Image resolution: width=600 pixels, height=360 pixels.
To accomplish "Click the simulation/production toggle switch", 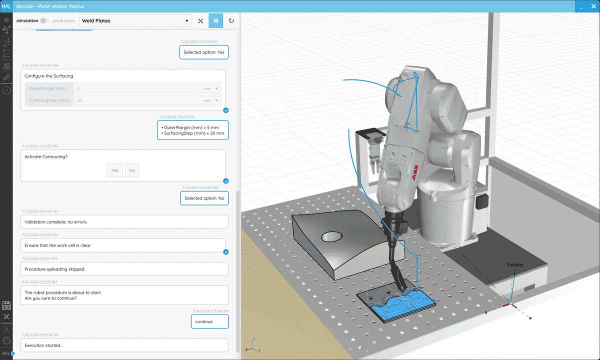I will coord(45,20).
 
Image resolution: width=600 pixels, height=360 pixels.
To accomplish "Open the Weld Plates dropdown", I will coord(135,20).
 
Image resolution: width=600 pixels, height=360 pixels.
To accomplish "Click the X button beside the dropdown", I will coord(200,21).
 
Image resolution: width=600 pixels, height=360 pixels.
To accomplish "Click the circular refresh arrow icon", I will coord(231,21).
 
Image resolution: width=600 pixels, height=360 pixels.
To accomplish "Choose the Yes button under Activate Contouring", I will coord(114,170).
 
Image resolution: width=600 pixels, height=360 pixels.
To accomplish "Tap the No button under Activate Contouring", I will coord(132,170).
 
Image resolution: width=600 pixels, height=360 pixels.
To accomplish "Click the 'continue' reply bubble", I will coord(209,321).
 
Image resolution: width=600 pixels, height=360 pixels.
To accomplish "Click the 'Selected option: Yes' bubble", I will coord(204,52).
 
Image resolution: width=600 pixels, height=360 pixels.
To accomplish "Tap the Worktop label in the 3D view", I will coord(514,264).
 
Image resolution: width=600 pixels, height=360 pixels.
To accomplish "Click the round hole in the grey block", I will coord(330,236).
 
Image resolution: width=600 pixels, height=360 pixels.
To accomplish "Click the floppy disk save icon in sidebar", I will coord(6,305).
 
